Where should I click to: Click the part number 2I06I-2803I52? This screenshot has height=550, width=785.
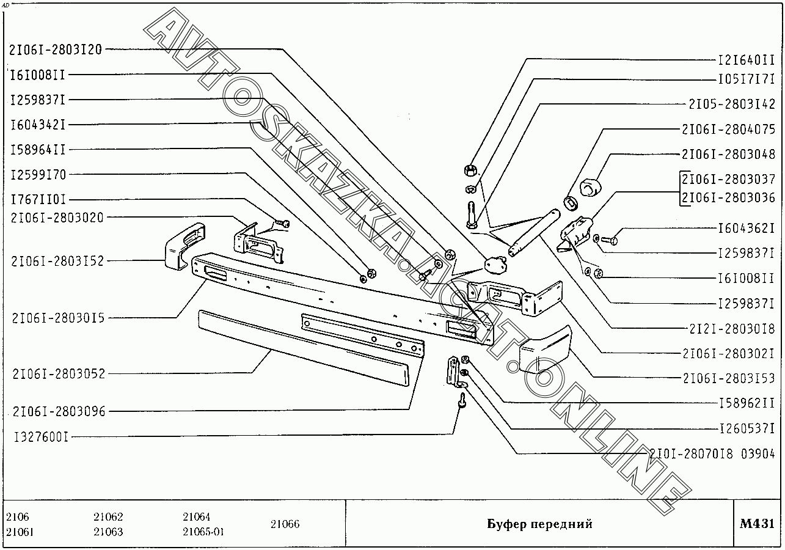pos(57,261)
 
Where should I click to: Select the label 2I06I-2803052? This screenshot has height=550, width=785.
pos(59,373)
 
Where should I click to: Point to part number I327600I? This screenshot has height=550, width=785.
pos(40,437)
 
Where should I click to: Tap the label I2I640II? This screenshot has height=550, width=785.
pos(745,60)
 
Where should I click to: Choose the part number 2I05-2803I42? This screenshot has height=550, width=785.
pos(731,104)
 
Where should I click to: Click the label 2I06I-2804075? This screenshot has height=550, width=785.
pos(728,129)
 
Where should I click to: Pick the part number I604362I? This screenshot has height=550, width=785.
pos(745,229)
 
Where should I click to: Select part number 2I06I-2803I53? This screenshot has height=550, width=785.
pos(728,378)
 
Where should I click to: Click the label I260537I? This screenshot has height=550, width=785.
pos(745,428)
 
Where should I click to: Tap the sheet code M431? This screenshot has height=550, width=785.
pos(757,524)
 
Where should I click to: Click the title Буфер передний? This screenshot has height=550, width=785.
pos(539,524)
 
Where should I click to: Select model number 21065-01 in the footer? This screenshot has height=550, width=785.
pos(203,532)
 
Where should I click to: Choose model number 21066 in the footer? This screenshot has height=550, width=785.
pos(285,524)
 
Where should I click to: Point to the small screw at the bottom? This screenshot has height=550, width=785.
pos(462,401)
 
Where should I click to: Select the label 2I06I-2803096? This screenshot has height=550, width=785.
pos(59,411)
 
